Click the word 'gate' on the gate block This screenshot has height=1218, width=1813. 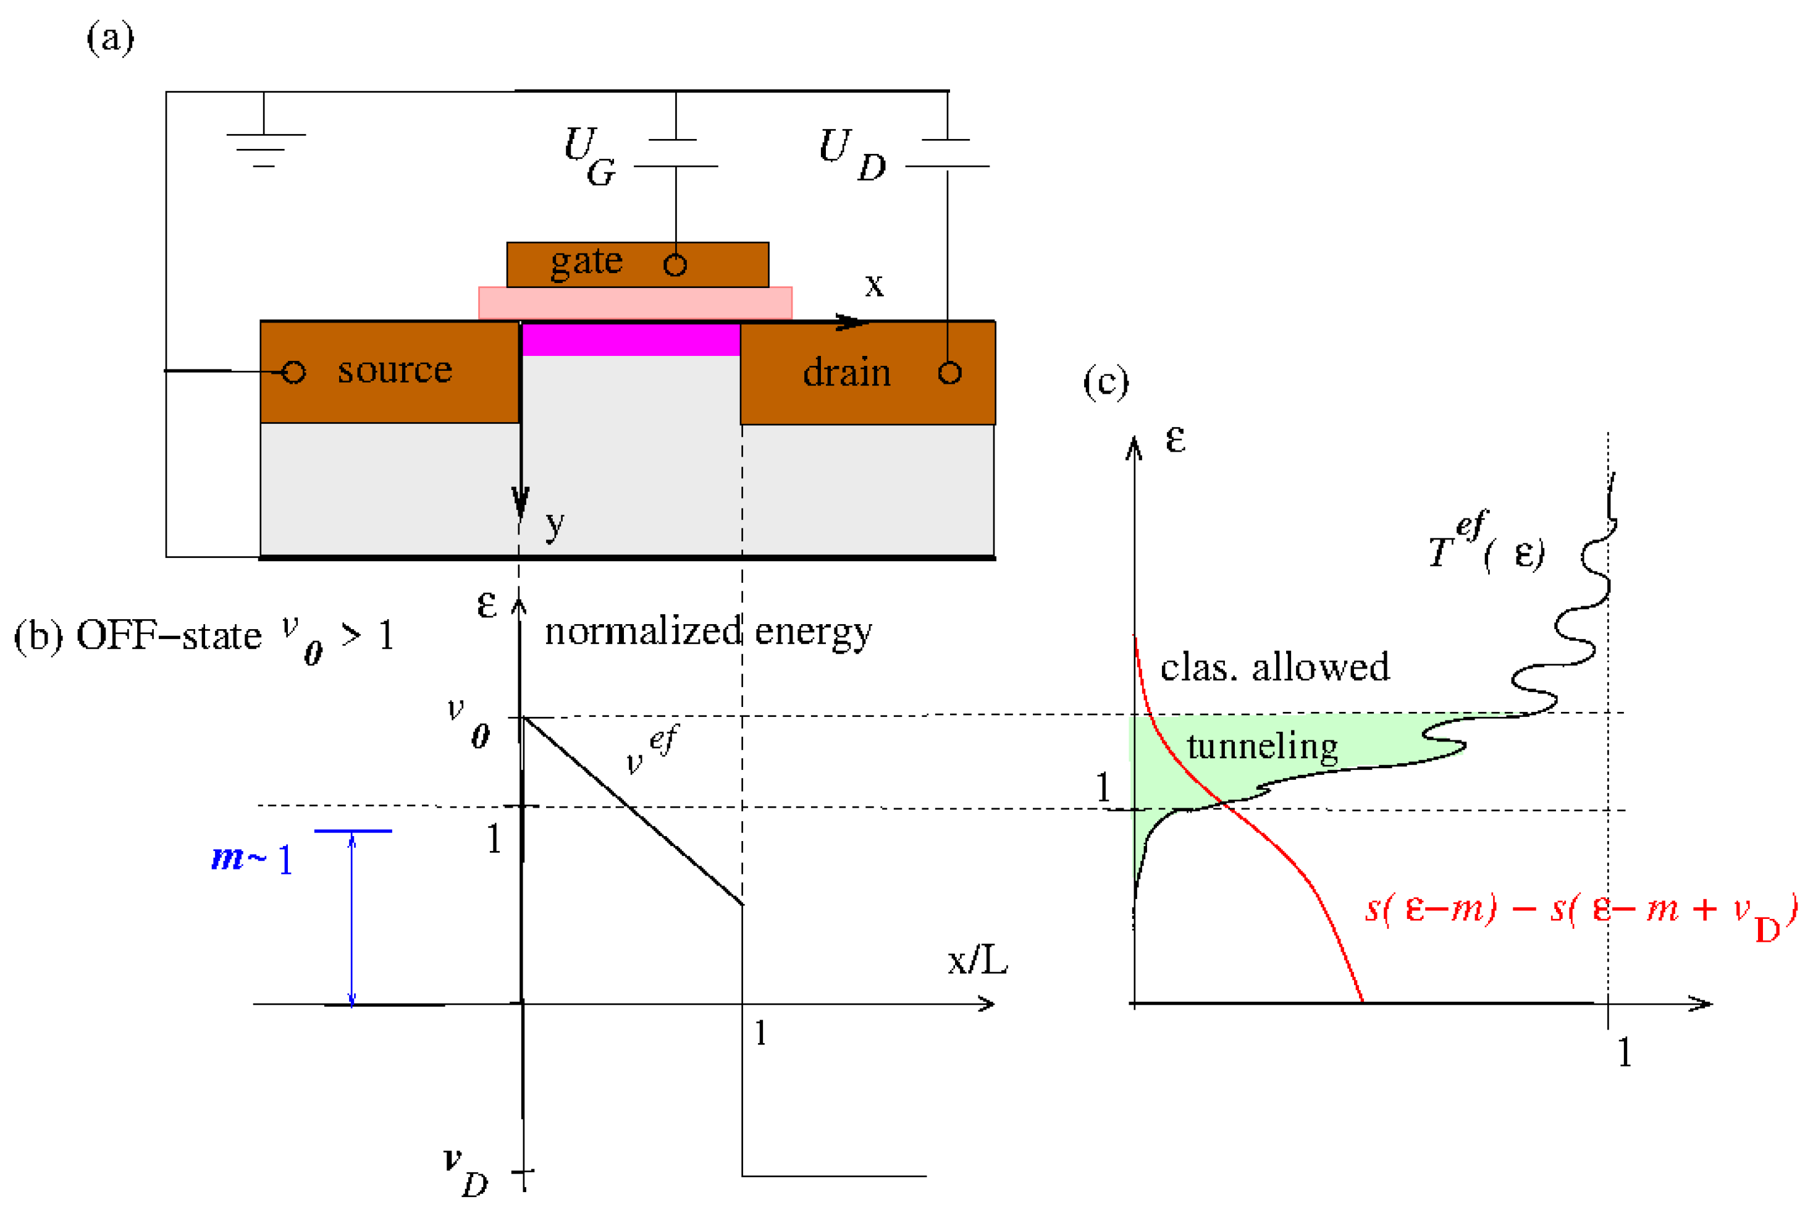586,262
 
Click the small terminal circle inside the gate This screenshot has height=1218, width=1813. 675,266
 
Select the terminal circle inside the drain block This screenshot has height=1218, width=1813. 949,373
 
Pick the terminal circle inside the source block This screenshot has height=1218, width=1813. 293,372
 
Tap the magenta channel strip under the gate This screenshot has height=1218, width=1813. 631,339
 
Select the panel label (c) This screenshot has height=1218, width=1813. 1105,382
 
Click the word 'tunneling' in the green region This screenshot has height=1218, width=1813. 1262,746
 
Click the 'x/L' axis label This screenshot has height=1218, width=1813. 977,961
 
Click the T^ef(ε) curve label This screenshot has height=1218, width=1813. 1486,544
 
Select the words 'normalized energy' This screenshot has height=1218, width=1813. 707,632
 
